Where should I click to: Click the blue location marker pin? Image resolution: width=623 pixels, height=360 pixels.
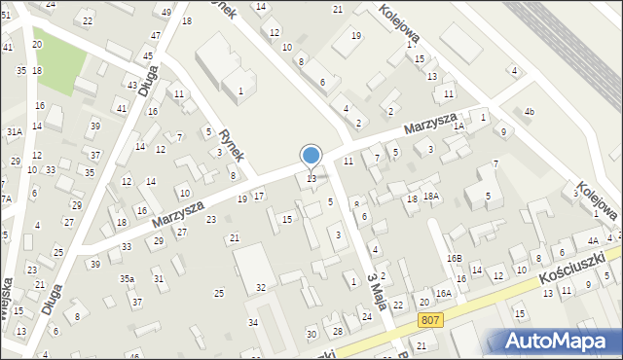(x=311, y=156)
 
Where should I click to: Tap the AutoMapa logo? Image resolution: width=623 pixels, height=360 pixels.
(x=556, y=341)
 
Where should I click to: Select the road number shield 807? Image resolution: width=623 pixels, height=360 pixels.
(x=428, y=320)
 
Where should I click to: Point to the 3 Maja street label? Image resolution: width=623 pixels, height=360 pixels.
(x=375, y=292)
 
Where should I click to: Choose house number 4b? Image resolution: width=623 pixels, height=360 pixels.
(x=530, y=112)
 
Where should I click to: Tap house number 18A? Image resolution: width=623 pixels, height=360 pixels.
(x=431, y=197)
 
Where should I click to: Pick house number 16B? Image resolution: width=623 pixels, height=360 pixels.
(x=454, y=258)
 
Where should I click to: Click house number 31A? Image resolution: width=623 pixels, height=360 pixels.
(x=14, y=131)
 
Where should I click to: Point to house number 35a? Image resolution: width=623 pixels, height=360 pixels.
(x=127, y=279)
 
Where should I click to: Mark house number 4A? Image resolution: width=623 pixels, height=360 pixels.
(x=591, y=240)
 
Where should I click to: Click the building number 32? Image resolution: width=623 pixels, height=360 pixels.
(x=261, y=287)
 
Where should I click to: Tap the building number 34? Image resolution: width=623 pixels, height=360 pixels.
(x=253, y=322)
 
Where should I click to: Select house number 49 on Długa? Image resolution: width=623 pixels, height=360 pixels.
(x=167, y=12)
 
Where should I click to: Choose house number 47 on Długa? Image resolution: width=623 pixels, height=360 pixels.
(x=155, y=36)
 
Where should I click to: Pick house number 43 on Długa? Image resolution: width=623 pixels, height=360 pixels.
(x=132, y=85)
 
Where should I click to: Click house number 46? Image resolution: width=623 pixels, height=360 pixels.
(x=133, y=356)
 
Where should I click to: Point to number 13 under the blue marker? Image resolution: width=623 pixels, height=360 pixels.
(x=311, y=178)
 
